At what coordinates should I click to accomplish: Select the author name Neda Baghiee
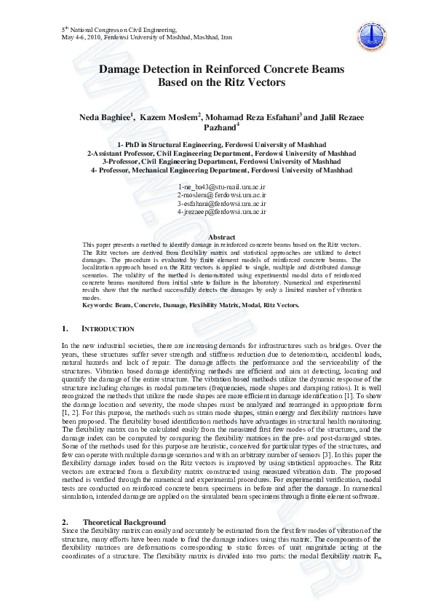pyautogui.click(x=103, y=117)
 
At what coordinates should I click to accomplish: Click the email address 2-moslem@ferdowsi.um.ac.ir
pyautogui.click(x=221, y=196)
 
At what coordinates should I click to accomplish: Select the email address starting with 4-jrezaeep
pyautogui.click(x=221, y=212)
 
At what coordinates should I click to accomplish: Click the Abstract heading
pyautogui.click(x=221, y=237)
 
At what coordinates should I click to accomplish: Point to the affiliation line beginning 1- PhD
pyautogui.click(x=221, y=146)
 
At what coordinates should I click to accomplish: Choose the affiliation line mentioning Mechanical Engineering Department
pyautogui.click(x=221, y=170)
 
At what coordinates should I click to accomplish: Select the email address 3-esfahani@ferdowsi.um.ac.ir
pyautogui.click(x=221, y=204)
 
